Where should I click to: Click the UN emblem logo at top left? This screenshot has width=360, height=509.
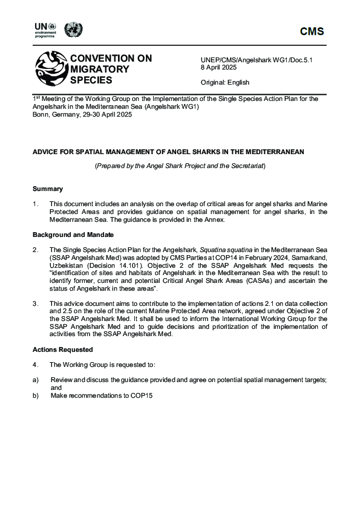[x=73, y=29]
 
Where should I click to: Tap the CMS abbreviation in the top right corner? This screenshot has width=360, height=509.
[x=312, y=32]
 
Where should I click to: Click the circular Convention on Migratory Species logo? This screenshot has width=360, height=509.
[x=51, y=68]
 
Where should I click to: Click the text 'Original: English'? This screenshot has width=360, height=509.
[x=224, y=82]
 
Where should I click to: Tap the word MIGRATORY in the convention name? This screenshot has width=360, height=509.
[x=100, y=69]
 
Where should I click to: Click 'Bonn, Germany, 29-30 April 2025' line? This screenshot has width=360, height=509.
[x=82, y=114]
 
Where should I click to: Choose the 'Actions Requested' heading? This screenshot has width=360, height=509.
[x=62, y=349]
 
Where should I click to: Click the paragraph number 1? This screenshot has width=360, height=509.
[x=35, y=204]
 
